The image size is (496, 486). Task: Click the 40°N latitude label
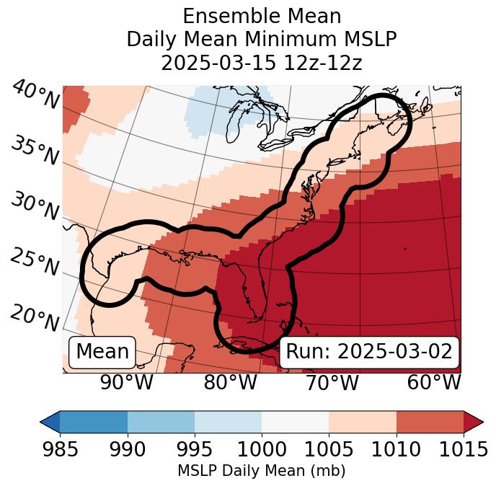click(35, 95)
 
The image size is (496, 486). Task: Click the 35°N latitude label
click(35, 151)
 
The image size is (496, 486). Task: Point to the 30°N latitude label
click(35, 207)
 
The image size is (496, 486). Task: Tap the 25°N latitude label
click(35, 263)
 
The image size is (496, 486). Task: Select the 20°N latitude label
click(35, 318)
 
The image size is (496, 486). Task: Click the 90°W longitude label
click(127, 383)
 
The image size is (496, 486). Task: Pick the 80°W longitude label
click(229, 383)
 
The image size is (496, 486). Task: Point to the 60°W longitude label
click(434, 383)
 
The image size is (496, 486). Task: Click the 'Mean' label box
click(102, 352)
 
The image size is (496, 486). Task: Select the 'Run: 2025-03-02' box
click(369, 352)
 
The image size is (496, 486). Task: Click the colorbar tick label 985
click(60, 450)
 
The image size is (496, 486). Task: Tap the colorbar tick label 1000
click(262, 450)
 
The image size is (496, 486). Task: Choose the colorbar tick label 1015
click(462, 450)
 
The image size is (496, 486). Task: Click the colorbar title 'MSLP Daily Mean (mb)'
click(261, 472)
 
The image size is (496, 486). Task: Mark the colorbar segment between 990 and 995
click(161, 421)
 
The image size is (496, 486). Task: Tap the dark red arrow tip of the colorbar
click(473, 421)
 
